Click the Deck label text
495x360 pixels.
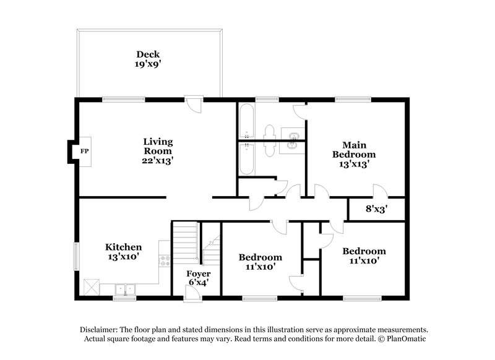(x=148, y=54)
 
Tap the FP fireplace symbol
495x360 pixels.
(x=84, y=150)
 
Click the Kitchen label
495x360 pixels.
(x=123, y=246)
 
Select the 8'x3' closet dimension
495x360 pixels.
(x=376, y=208)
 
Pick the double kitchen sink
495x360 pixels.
(x=124, y=289)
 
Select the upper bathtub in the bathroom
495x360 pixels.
(x=246, y=122)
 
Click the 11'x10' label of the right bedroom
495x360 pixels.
(x=364, y=261)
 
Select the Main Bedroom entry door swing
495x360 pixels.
(x=378, y=192)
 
